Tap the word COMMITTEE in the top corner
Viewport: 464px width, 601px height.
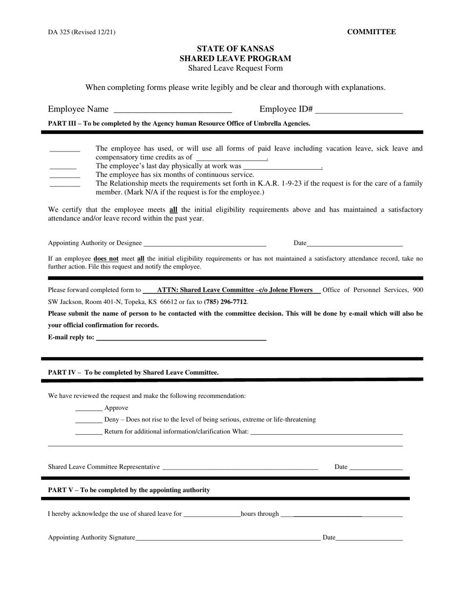(x=371, y=32)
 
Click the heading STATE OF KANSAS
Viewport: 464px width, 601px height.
(x=235, y=49)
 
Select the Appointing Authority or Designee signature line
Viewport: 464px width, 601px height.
(x=205, y=243)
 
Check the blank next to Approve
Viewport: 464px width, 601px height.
(x=89, y=409)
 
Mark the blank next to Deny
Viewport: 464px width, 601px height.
(x=89, y=421)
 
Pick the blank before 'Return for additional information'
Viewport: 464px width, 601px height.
(x=89, y=432)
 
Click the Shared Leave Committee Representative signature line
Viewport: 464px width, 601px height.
(x=240, y=468)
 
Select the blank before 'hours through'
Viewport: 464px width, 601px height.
(x=211, y=515)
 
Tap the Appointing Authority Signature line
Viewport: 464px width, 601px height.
(x=228, y=538)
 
